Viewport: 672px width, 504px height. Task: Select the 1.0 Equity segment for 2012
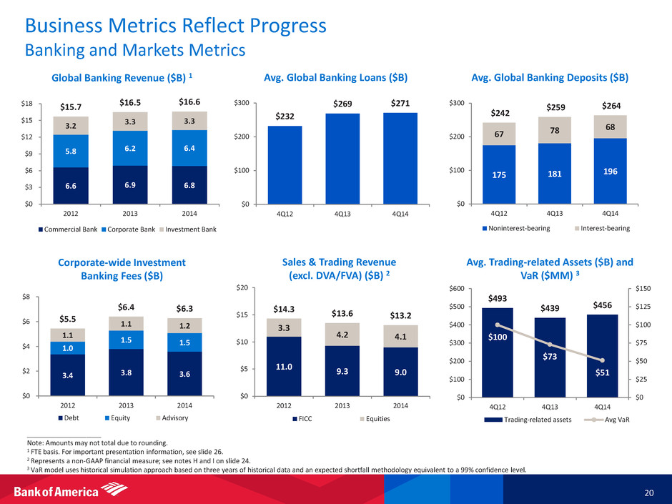(x=68, y=347)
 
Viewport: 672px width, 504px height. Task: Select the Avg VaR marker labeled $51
(x=603, y=360)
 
